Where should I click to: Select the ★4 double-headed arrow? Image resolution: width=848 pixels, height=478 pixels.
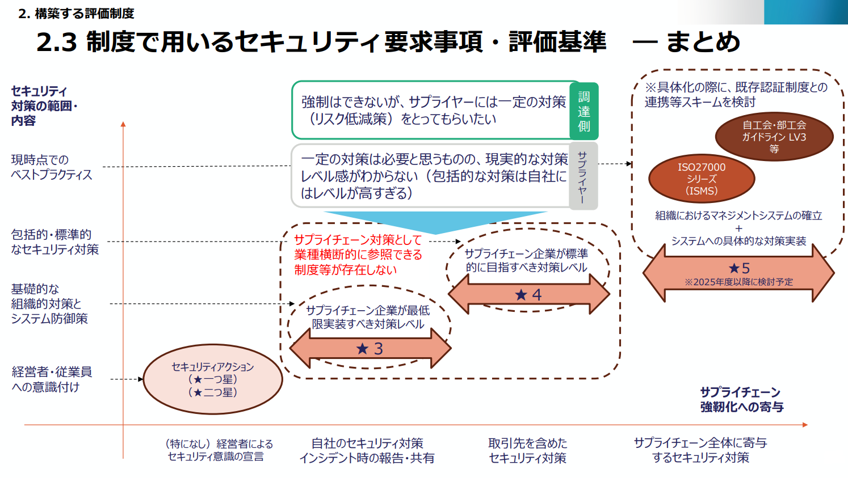coord(528,294)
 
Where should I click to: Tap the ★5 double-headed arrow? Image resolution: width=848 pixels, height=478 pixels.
coord(738,272)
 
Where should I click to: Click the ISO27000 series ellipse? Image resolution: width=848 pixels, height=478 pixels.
coord(702,179)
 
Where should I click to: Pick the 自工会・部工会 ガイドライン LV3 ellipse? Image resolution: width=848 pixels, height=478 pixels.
coord(774,137)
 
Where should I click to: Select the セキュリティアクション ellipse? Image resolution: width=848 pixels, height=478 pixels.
coord(213,379)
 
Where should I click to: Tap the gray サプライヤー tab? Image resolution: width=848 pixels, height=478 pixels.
coord(582,176)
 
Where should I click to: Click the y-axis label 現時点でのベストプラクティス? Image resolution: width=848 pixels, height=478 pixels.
coord(51,167)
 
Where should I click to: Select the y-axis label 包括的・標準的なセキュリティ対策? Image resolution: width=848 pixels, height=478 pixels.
coord(54,242)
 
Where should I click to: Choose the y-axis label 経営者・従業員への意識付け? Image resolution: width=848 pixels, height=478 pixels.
coord(52,379)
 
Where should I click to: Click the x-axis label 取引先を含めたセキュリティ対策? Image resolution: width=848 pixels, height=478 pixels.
coord(528,451)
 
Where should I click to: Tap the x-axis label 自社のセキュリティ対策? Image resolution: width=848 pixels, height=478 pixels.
coord(367,451)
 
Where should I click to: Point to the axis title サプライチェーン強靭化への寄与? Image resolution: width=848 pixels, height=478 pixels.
coord(741,400)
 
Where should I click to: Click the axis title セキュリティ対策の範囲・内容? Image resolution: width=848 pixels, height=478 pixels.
coord(44,106)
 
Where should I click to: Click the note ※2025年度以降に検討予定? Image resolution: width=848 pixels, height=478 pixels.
coord(738,282)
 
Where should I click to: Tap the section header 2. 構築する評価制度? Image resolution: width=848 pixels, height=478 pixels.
coord(76,14)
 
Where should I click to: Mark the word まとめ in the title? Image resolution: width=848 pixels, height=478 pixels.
coord(703,42)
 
